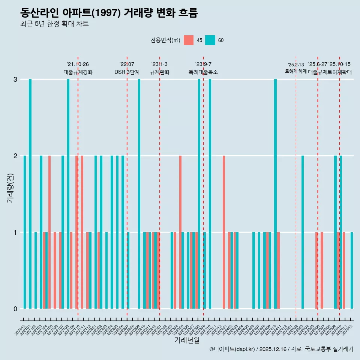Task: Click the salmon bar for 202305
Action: click(180, 232)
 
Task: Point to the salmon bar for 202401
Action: click(224, 232)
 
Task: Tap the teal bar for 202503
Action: click(303, 232)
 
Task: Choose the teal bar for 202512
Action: click(352, 270)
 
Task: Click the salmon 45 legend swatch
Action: click(189, 40)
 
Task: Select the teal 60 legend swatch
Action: click(210, 40)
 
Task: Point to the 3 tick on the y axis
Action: click(15, 79)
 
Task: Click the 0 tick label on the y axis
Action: click(15, 309)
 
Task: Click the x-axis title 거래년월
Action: click(187, 340)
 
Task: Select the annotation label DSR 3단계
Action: click(127, 72)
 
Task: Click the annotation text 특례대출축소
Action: click(203, 72)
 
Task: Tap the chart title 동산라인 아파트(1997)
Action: click(109, 13)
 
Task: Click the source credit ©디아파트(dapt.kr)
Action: click(232, 349)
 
